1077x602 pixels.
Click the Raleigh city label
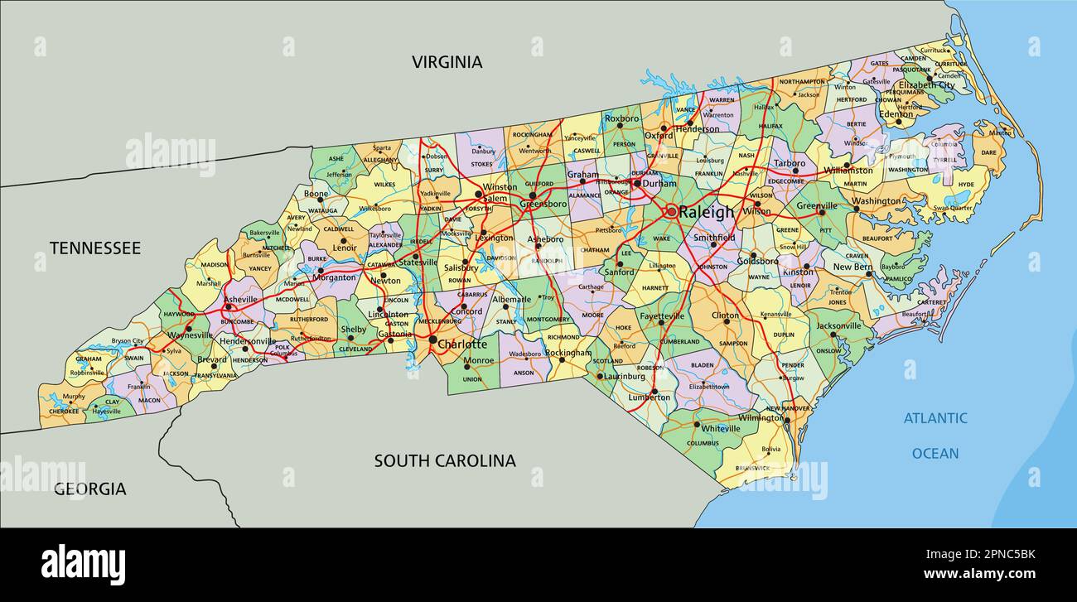pyautogui.click(x=706, y=212)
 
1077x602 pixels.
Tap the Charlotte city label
pyautogui.click(x=462, y=344)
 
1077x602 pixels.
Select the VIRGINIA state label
pyautogui.click(x=447, y=62)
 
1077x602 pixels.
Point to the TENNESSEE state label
pyautogui.click(x=94, y=248)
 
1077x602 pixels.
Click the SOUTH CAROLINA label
pyautogui.click(x=444, y=460)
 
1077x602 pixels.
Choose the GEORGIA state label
pyautogui.click(x=90, y=489)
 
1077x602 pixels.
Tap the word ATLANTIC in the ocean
pyautogui.click(x=935, y=418)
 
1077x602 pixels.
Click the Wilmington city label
pyautogui.click(x=761, y=418)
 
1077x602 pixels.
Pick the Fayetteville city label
pyautogui.click(x=660, y=315)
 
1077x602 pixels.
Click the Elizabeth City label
pyautogui.click(x=926, y=85)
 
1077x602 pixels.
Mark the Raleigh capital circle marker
pyautogui.click(x=670, y=212)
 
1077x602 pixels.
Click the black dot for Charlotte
pyautogui.click(x=432, y=340)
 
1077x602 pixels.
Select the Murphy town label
pyautogui.click(x=74, y=397)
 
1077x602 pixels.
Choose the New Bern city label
pyautogui.click(x=852, y=267)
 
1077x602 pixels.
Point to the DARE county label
pyautogui.click(x=988, y=152)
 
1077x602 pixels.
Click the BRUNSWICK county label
pyautogui.click(x=752, y=468)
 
